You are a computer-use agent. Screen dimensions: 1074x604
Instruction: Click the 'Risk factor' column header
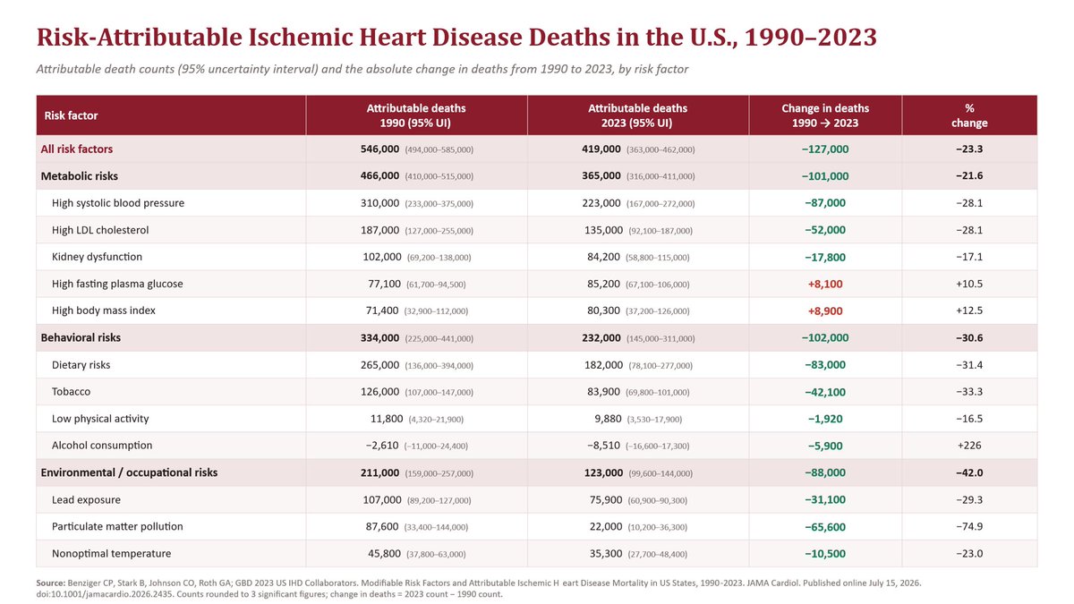pos(71,115)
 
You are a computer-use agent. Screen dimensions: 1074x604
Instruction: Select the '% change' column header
pos(969,115)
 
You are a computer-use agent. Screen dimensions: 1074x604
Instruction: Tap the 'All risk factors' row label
pos(77,149)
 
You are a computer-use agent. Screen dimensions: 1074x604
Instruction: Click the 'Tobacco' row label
pos(71,392)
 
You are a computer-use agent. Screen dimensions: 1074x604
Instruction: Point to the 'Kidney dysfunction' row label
pos(97,257)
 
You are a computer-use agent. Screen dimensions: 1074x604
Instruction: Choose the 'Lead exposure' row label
pos(86,499)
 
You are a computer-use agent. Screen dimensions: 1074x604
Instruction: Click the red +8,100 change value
pos(825,284)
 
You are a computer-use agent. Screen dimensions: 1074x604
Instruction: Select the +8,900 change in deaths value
pos(825,311)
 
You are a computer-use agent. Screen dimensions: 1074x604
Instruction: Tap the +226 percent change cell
pos(969,446)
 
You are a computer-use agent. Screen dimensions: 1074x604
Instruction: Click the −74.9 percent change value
pos(969,526)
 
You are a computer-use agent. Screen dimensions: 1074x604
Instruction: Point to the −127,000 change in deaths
pos(825,149)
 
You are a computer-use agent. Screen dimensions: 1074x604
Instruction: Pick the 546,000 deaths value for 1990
pos(379,149)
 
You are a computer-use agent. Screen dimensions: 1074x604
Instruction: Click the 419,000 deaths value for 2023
pos(601,149)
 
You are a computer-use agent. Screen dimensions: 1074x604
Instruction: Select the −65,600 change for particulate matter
pos(825,527)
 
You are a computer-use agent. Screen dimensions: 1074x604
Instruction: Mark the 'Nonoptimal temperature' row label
pos(111,554)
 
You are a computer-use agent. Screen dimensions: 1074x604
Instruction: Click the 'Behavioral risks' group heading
pos(81,337)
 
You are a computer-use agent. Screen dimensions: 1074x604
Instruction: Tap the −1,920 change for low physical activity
pos(825,419)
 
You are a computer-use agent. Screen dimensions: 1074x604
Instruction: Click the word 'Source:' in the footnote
pos(51,583)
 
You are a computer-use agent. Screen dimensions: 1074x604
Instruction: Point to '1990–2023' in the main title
pos(811,38)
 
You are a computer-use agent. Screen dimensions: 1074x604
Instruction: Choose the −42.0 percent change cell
pos(969,472)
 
